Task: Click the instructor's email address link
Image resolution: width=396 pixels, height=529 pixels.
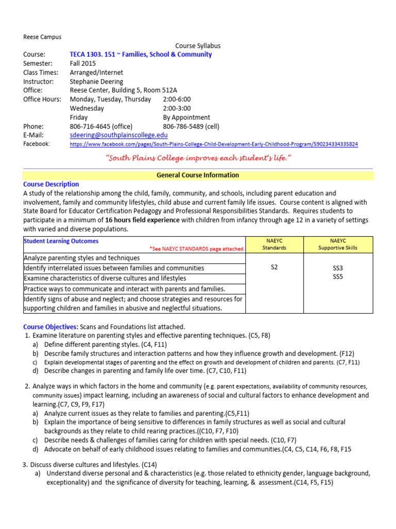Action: [119, 135]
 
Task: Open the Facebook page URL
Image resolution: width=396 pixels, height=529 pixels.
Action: [213, 144]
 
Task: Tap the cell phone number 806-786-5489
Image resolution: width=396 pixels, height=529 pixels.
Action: [190, 126]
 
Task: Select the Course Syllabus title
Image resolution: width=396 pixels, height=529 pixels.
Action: [198, 46]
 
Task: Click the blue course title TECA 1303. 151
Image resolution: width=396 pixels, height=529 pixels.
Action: [141, 54]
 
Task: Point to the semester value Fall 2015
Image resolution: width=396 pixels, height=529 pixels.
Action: [83, 64]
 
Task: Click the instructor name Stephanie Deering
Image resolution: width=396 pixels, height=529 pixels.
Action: [96, 82]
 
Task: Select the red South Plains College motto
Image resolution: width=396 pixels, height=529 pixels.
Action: [197, 157]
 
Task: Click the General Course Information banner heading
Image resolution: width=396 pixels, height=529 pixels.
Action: [198, 175]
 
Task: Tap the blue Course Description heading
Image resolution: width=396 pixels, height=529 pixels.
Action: [51, 184]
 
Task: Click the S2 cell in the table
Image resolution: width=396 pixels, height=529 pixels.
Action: [274, 267]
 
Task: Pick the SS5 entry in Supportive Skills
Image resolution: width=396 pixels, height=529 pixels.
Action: [338, 277]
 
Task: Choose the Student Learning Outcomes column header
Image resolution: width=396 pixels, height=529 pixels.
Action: [61, 241]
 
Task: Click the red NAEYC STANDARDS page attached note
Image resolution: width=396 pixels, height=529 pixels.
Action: [197, 248]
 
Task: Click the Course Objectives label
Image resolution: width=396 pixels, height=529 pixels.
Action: [51, 326]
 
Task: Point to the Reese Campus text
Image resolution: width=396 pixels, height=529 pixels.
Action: [42, 37]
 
